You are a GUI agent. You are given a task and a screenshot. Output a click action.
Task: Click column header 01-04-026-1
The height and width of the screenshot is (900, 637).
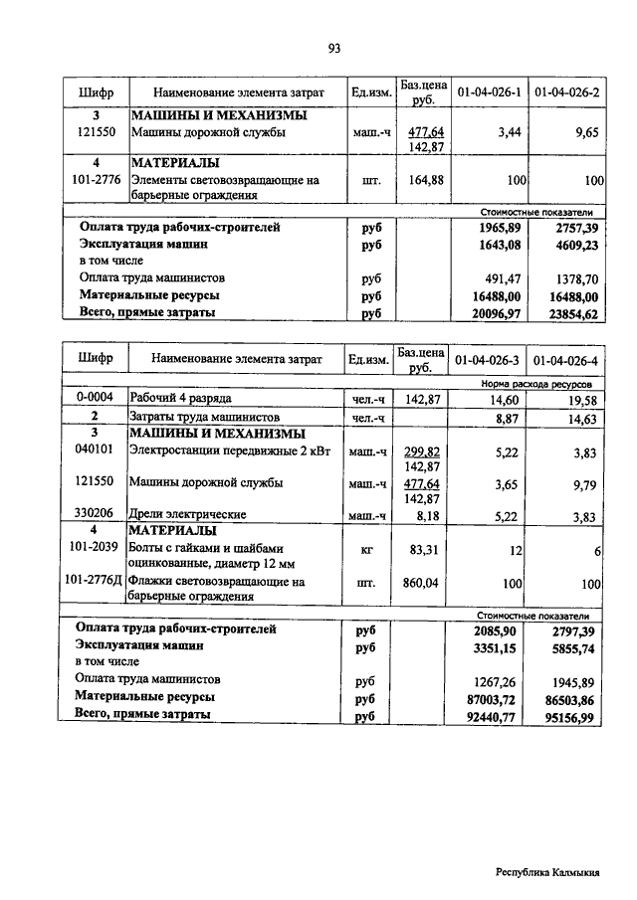coord(489,92)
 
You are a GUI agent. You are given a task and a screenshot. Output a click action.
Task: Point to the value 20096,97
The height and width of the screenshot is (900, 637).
coord(495,313)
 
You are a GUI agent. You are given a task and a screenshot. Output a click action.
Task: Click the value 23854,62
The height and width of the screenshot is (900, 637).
coord(573,313)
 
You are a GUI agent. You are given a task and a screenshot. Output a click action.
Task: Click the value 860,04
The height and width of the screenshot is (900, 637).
coord(425,583)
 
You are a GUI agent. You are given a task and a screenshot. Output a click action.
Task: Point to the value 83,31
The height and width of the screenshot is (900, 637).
coord(425,550)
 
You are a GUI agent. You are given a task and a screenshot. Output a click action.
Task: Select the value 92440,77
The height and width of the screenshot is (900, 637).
coord(495,715)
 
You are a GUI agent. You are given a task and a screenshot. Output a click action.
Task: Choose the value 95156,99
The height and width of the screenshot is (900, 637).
coord(573,715)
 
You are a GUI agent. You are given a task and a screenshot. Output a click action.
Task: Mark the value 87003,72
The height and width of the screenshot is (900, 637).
coord(495,698)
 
